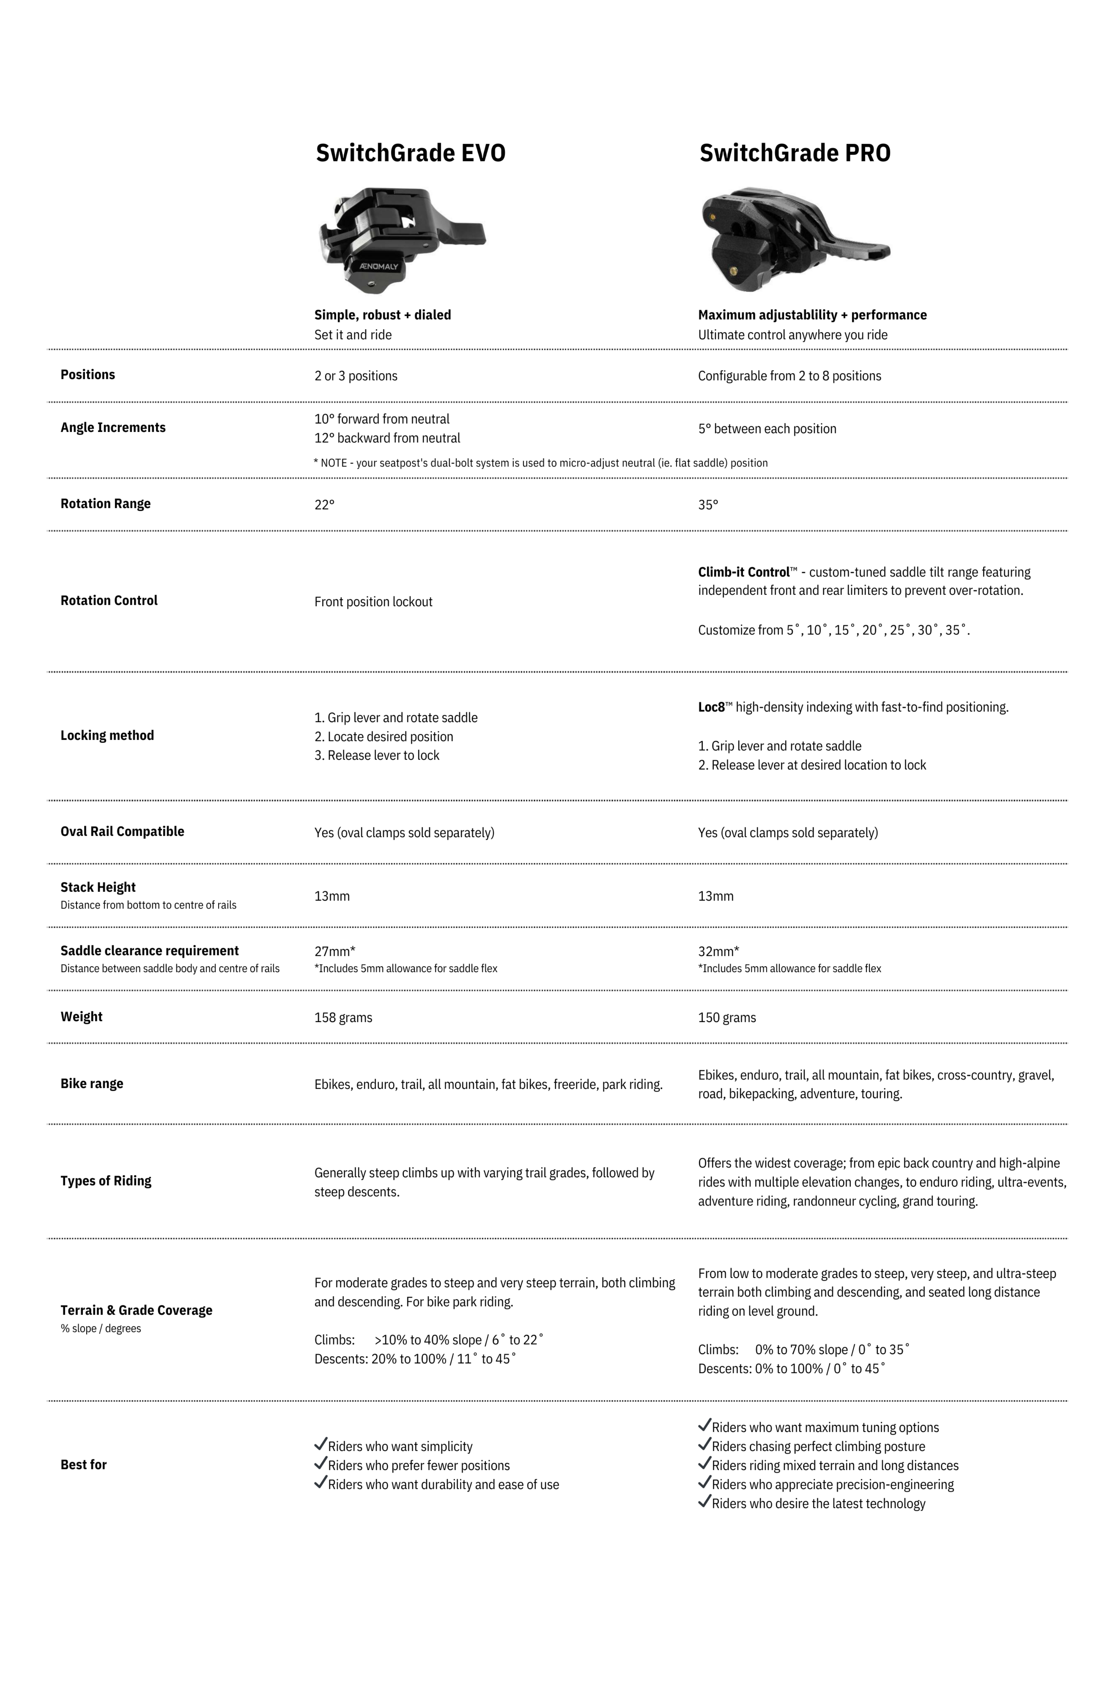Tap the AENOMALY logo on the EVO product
379,266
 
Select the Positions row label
87,374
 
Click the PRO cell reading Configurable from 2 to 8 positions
789,376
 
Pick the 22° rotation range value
324,505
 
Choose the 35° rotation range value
708,505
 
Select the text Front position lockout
373,602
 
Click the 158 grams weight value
343,1018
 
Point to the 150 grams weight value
726,1018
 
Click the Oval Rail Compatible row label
122,831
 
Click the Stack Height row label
98,887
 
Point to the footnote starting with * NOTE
540,463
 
